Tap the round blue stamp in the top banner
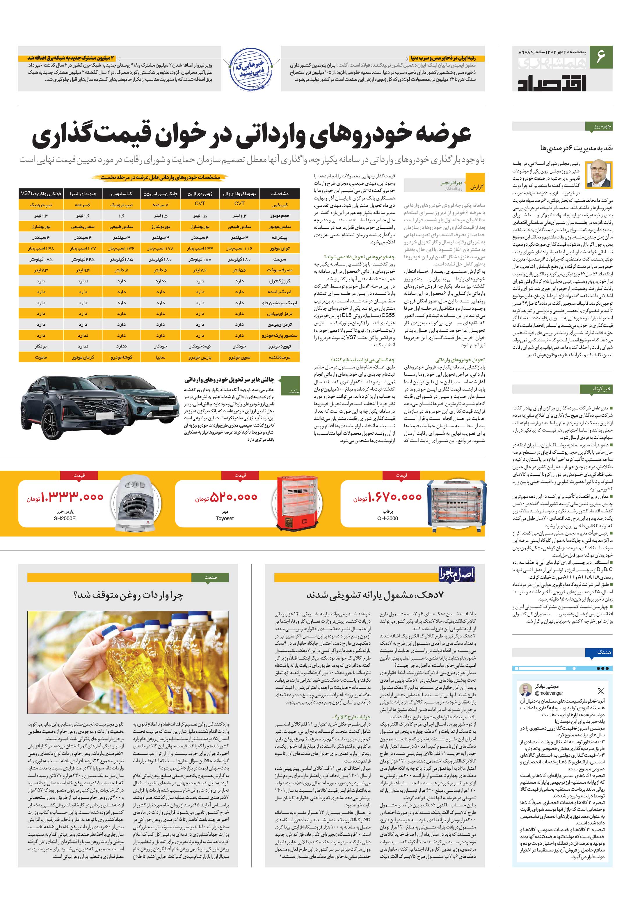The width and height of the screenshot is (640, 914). click(250, 70)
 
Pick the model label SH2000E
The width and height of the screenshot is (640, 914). click(65, 518)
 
